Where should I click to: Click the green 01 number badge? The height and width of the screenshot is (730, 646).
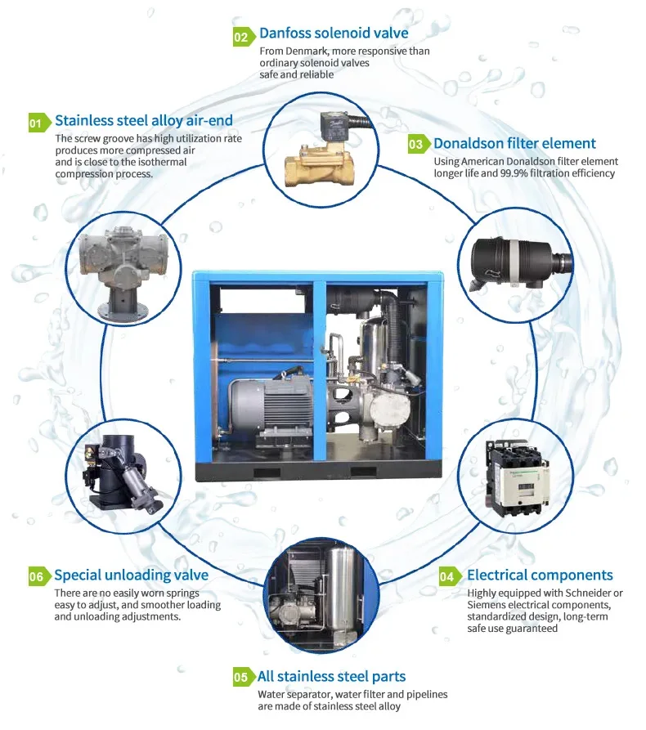35,123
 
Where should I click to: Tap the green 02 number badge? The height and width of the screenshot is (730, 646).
241,37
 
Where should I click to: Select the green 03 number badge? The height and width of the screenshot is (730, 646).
416,145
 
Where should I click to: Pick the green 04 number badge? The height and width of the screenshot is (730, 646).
447,576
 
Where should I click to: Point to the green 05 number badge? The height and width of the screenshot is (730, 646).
241,678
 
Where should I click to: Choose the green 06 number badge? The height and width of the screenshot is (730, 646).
36,576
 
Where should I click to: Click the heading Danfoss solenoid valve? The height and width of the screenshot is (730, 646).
334,34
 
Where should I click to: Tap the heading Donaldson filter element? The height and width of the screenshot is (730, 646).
514,144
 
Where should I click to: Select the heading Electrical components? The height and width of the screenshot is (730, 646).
540,575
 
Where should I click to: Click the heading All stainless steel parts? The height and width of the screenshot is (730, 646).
331,676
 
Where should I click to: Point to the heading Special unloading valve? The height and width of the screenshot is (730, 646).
131,575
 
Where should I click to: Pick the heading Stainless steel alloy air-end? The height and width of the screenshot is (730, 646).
144,121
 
